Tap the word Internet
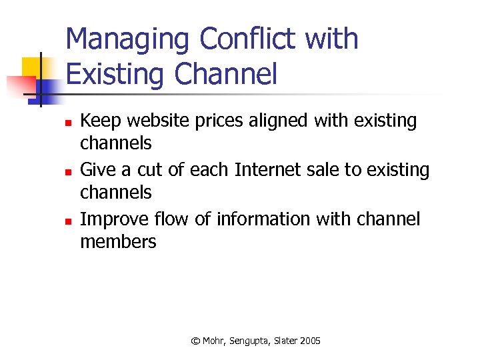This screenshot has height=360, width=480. click(265, 170)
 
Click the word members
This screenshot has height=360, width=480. click(118, 242)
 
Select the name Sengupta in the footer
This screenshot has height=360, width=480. click(250, 341)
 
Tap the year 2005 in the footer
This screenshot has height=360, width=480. click(310, 341)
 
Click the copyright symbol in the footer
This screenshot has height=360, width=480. click(195, 341)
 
